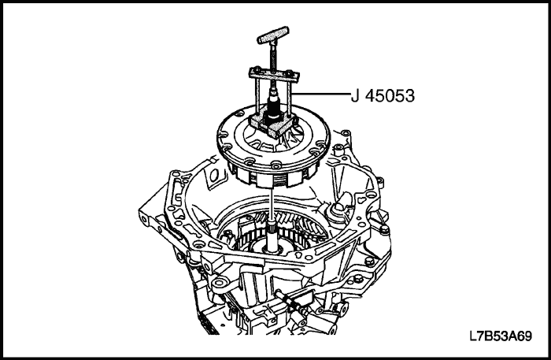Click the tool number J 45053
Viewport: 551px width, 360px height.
pyautogui.click(x=383, y=95)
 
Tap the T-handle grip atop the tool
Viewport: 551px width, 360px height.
pyautogui.click(x=273, y=35)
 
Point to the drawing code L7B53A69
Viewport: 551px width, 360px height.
pyautogui.click(x=501, y=336)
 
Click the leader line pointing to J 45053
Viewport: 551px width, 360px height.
pyautogui.click(x=321, y=94)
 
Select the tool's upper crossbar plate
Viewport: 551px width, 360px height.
pyautogui.click(x=274, y=75)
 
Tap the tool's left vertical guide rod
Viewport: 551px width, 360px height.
pyautogui.click(x=259, y=95)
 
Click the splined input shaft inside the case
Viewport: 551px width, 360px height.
pyautogui.click(x=272, y=239)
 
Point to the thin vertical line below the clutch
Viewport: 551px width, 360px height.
pyautogui.click(x=272, y=204)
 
